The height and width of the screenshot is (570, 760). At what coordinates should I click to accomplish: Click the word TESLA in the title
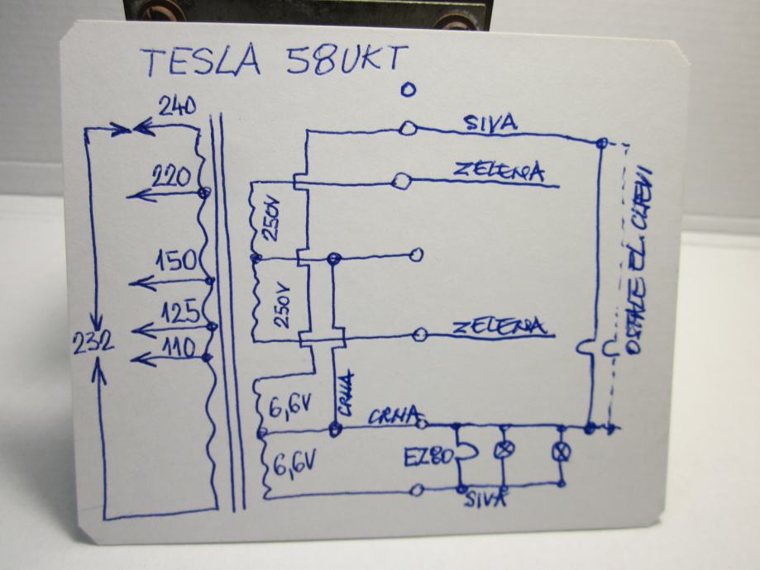(202, 63)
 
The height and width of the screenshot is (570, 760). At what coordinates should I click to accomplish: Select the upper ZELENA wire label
(499, 171)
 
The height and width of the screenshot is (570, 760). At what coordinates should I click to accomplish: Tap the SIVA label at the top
(491, 124)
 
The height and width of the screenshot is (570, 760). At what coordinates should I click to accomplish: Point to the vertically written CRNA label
(345, 396)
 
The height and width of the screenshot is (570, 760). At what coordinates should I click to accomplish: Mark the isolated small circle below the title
(405, 91)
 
